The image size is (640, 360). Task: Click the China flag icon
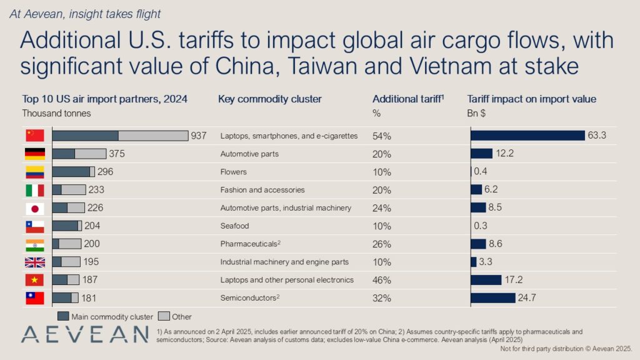[x=34, y=136]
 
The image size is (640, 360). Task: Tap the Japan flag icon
[x=34, y=208]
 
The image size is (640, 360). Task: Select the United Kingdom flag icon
[x=34, y=262]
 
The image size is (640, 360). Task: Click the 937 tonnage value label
[x=199, y=136]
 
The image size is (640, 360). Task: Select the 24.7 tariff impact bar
[x=492, y=298]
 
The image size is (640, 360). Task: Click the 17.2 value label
[x=514, y=280]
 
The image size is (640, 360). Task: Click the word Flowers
[x=234, y=172]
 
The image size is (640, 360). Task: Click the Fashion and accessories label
[x=262, y=190]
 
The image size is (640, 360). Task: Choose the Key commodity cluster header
[x=270, y=99]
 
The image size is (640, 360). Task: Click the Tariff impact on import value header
[x=532, y=99]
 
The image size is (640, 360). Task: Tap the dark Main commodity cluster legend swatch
[x=62, y=316]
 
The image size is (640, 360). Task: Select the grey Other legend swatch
[x=164, y=316]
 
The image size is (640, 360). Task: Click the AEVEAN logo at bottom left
[x=84, y=335]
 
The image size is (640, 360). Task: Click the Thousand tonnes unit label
[x=56, y=113]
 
